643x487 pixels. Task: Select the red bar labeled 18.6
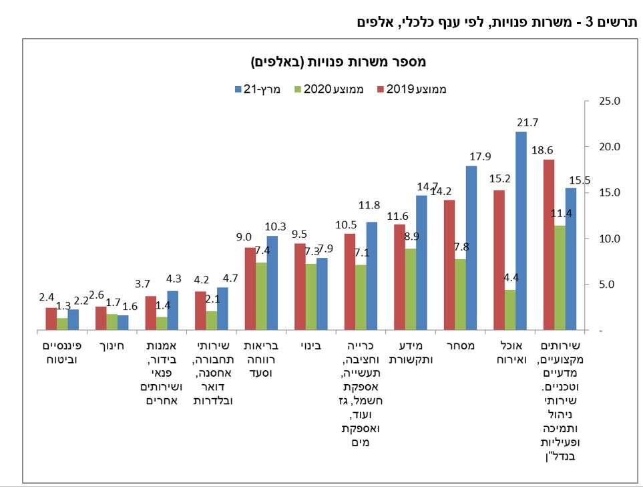549,245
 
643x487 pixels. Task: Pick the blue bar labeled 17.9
471,248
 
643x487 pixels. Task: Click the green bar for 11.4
560,277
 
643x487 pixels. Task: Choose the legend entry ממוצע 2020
333,88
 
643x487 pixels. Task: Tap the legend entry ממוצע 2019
420,88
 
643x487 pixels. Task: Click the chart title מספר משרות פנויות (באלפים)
339,62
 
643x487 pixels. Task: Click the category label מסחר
460,347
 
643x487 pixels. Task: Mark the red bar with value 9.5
300,287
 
